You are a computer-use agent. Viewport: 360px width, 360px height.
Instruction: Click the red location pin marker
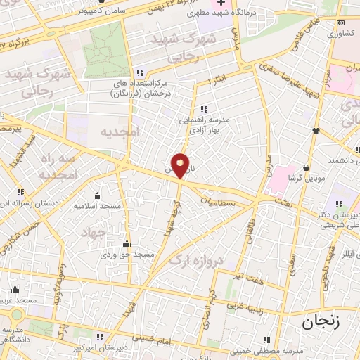click(x=181, y=165)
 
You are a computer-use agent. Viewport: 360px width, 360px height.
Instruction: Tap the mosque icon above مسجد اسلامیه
click(x=96, y=196)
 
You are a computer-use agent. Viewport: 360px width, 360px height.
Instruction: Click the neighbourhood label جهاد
click(x=92, y=233)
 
